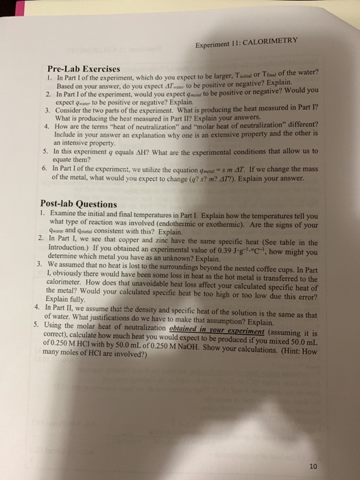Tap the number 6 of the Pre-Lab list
click(45, 166)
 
